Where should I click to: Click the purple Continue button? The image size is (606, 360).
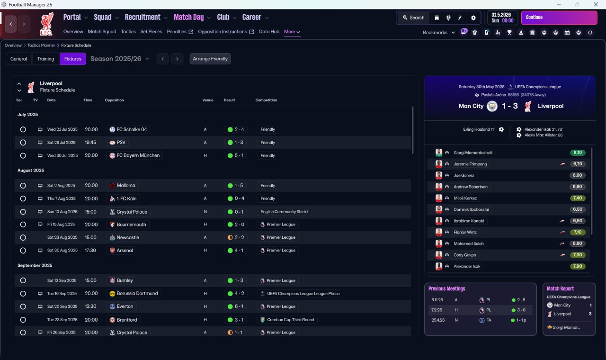point(559,18)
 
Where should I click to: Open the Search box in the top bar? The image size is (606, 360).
point(413,18)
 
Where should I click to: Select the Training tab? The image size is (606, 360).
point(45,59)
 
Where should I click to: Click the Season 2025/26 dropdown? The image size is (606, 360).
point(120,59)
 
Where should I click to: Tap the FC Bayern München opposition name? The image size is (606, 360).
point(138,155)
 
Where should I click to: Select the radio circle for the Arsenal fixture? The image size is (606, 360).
point(23,251)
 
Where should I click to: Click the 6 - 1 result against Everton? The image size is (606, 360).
point(235,306)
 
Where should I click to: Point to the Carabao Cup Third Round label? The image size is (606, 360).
point(291,320)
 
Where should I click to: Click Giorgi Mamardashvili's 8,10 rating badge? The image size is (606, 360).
point(578,153)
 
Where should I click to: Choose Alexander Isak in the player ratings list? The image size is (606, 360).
point(467,266)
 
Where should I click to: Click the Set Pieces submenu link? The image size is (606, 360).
point(151,32)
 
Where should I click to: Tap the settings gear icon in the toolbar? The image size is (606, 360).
point(473,18)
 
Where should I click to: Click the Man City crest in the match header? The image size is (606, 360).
point(492,106)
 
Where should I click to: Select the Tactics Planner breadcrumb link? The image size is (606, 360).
point(41,45)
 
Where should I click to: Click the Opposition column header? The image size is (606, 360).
point(114,100)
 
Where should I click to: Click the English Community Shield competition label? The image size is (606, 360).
point(284,212)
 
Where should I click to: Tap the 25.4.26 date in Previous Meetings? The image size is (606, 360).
point(438,320)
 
